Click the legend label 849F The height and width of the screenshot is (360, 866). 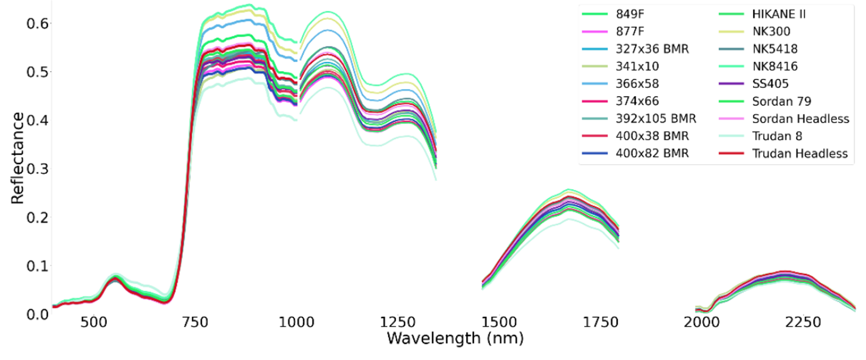point(630,14)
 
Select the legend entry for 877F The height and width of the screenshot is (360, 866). point(630,32)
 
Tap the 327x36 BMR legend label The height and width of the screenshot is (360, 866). point(652,49)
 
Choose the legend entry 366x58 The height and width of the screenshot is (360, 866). point(637,84)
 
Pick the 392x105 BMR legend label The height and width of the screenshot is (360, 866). point(656,119)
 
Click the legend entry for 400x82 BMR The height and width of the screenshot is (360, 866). point(652,154)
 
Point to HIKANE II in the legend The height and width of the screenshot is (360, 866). point(778,14)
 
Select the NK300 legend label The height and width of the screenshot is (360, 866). point(771,32)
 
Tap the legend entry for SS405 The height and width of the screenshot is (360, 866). point(770,84)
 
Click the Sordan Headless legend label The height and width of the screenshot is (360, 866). point(800,119)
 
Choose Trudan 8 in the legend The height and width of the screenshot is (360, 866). point(777,136)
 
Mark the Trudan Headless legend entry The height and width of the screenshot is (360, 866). point(800,154)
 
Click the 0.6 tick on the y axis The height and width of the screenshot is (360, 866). point(37,23)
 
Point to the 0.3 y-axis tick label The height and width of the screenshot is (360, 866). point(37,169)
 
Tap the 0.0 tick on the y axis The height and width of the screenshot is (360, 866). point(37,315)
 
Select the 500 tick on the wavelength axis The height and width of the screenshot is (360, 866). point(94,322)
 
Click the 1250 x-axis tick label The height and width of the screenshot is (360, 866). point(398,322)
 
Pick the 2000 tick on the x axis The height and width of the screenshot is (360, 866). point(701,322)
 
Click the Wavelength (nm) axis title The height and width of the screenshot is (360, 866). point(455,339)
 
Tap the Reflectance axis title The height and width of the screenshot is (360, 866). point(18,158)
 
